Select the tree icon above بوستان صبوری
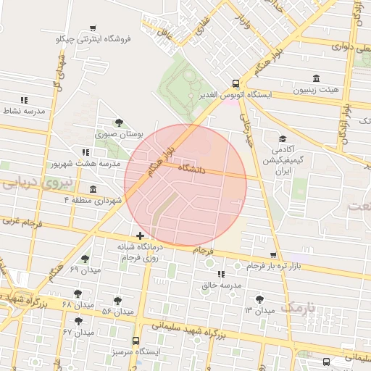[x=119, y=122]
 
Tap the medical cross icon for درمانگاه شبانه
[x=140, y=235]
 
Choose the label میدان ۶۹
[x=86, y=270]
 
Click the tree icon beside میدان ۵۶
[x=117, y=300]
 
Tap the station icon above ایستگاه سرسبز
[x=136, y=341]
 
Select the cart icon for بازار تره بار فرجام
[x=273, y=255]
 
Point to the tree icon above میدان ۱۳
[x=259, y=299]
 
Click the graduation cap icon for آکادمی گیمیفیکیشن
[x=282, y=138]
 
